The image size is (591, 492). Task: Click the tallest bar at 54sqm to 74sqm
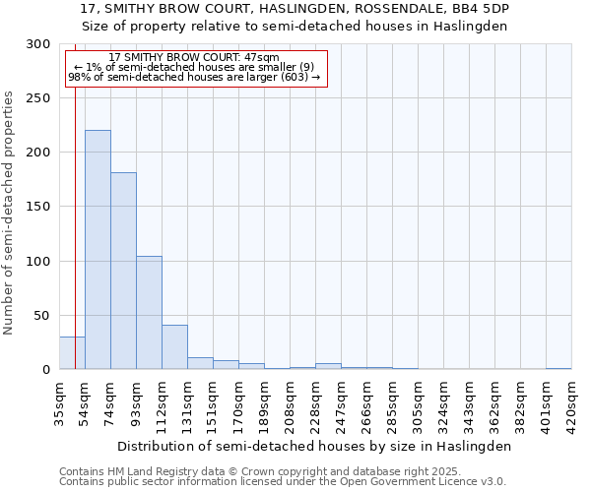[x=98, y=250]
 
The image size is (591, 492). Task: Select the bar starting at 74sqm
[x=123, y=271]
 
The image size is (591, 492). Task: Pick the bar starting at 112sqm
[x=174, y=347]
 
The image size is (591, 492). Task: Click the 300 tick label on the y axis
[x=38, y=44]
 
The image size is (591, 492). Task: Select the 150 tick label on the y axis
[x=38, y=207]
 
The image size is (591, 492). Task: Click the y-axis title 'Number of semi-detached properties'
[x=9, y=213]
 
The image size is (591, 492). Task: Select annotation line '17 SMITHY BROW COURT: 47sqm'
[x=194, y=58]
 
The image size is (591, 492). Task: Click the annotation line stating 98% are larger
[x=194, y=77]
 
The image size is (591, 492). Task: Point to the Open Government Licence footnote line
[x=283, y=481]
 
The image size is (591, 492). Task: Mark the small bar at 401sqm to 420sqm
[x=558, y=368]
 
